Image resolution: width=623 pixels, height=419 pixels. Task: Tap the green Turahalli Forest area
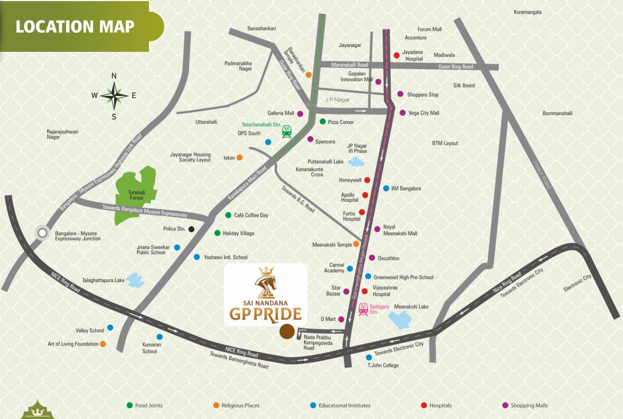(135, 196)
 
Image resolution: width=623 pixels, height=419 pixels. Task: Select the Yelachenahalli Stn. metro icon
(287, 131)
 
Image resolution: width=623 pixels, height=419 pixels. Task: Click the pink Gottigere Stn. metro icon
(363, 309)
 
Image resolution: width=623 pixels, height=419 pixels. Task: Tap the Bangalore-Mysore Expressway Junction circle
(41, 234)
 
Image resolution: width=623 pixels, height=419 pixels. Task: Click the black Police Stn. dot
(191, 229)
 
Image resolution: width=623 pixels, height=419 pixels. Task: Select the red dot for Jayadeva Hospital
(396, 55)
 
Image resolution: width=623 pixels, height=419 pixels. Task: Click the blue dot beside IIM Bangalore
(386, 188)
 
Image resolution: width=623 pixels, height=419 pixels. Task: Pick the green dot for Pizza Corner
(322, 122)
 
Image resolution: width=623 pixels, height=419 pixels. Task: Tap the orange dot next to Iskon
(239, 158)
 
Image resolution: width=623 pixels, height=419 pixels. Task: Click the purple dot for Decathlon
(372, 258)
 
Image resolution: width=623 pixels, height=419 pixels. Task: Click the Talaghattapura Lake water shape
(135, 280)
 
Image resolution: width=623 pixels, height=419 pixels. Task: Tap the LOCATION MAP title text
(75, 26)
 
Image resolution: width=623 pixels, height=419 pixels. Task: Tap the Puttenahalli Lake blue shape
(357, 161)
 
